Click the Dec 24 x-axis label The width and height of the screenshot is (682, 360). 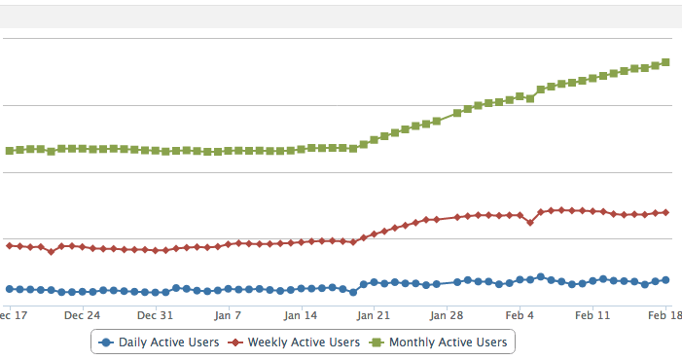(x=83, y=314)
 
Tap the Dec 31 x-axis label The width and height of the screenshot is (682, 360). (x=156, y=314)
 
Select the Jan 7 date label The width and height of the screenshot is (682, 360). (x=228, y=314)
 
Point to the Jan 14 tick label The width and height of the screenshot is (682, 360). (x=301, y=314)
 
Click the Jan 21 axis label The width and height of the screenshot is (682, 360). (x=374, y=314)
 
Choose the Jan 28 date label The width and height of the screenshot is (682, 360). (x=447, y=314)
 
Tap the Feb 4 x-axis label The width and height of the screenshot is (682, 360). (x=520, y=314)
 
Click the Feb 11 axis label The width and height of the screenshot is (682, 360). (x=592, y=314)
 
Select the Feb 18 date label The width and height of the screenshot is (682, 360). (x=664, y=314)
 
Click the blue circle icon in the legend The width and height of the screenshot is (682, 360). (x=106, y=342)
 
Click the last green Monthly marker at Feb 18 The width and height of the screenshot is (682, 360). (x=666, y=62)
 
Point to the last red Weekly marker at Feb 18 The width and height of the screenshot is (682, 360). (x=666, y=212)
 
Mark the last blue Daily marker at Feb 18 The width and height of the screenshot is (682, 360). (x=666, y=280)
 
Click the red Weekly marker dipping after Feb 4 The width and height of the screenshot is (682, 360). (x=530, y=222)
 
